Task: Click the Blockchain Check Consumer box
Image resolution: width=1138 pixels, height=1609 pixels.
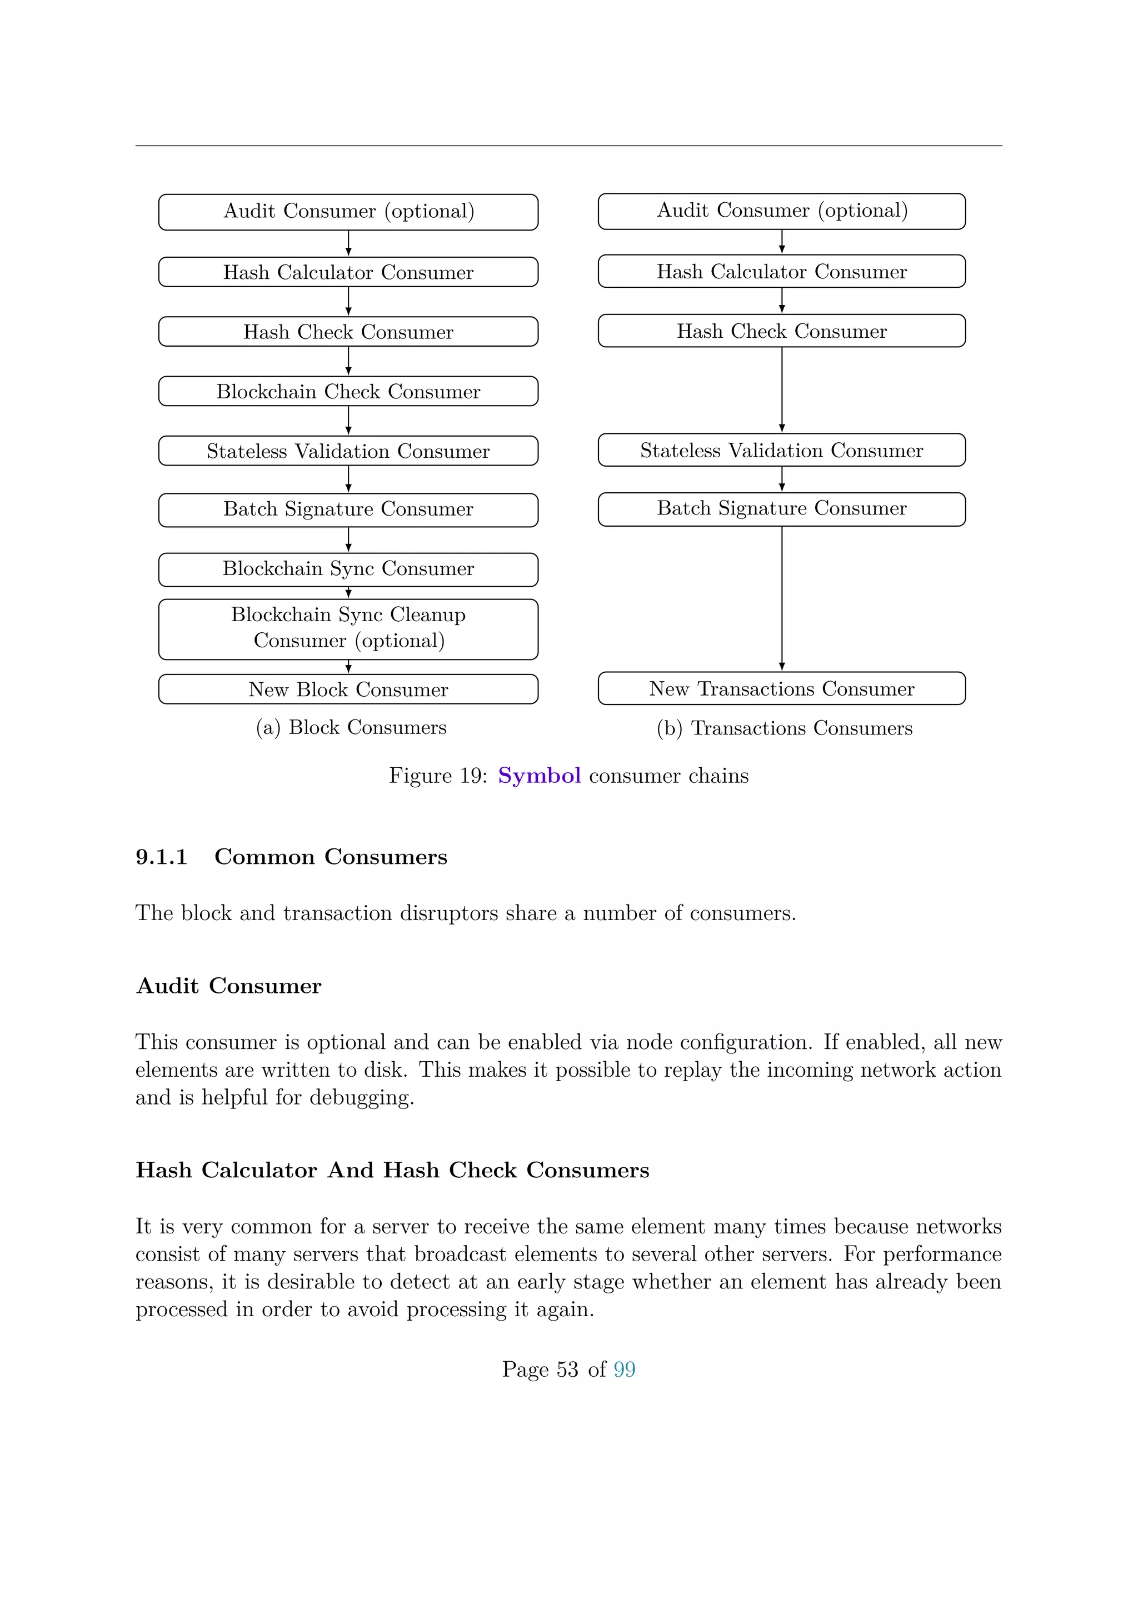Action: tap(348, 391)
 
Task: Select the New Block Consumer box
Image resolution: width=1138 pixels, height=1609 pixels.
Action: tap(348, 689)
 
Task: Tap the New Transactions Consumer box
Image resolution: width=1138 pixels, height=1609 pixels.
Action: tap(781, 688)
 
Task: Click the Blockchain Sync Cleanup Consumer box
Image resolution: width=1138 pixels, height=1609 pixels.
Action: tap(348, 628)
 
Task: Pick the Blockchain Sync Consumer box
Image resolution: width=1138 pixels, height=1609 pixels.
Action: tap(348, 569)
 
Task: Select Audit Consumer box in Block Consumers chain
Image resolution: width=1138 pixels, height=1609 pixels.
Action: tap(348, 212)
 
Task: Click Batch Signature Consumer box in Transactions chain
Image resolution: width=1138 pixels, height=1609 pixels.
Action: tap(781, 509)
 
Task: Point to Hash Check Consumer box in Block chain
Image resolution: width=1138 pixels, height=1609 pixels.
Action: tap(348, 332)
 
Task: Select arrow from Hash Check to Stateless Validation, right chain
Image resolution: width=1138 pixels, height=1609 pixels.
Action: tap(782, 389)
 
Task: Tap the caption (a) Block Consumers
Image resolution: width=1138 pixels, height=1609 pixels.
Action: tap(351, 727)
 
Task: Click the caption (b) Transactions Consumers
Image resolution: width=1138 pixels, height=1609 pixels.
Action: tap(784, 728)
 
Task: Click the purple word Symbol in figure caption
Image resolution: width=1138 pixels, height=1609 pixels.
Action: tap(539, 776)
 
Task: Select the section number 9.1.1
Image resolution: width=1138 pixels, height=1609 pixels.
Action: tap(162, 857)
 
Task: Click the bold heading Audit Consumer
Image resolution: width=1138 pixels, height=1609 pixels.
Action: tap(229, 986)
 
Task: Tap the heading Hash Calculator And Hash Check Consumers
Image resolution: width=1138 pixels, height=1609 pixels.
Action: tap(392, 1170)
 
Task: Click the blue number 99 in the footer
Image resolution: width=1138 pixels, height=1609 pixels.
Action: tap(625, 1370)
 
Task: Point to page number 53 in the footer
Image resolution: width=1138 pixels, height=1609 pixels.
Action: tap(567, 1370)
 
